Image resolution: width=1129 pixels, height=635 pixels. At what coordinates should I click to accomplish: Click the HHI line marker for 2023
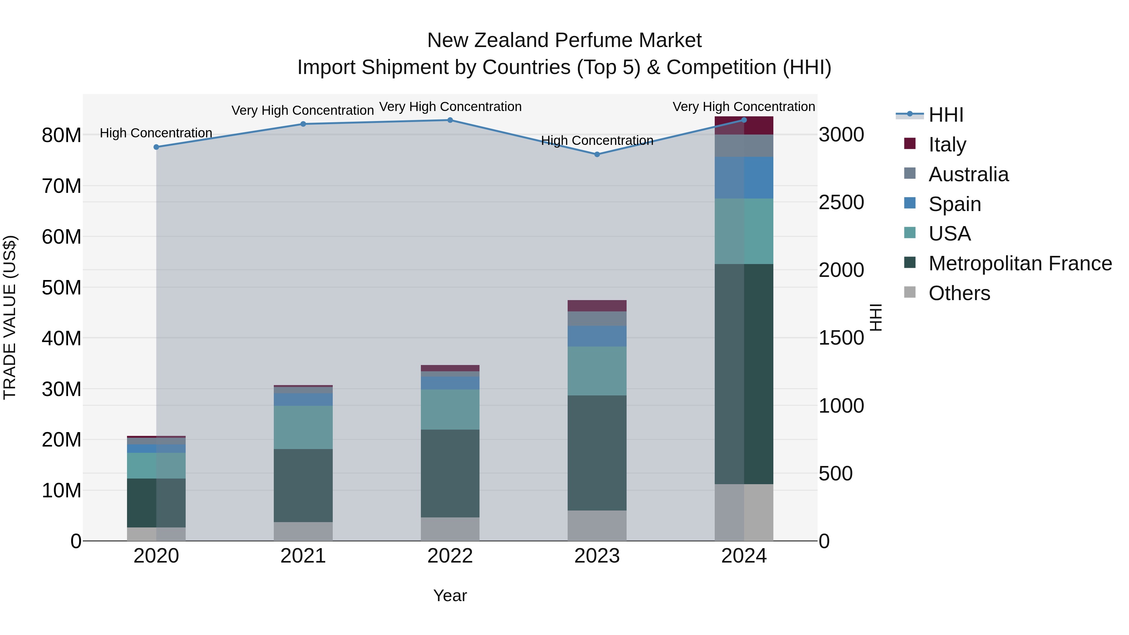pyautogui.click(x=596, y=154)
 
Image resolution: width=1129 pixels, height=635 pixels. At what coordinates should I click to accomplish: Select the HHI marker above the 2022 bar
pyautogui.click(x=450, y=120)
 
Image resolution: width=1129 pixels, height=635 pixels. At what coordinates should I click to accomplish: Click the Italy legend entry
pyautogui.click(x=947, y=145)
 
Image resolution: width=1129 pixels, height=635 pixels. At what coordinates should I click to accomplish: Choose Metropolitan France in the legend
pyautogui.click(x=1020, y=263)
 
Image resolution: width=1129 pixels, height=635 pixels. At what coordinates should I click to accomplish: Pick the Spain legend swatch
pyautogui.click(x=909, y=203)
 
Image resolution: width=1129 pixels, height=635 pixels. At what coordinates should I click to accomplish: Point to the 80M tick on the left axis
pyautogui.click(x=61, y=135)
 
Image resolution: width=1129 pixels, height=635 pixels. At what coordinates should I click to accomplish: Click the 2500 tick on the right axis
pyautogui.click(x=841, y=203)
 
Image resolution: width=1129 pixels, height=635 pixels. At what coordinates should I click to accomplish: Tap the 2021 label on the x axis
pyautogui.click(x=303, y=556)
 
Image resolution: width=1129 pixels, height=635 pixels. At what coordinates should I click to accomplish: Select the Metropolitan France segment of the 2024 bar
pyautogui.click(x=744, y=373)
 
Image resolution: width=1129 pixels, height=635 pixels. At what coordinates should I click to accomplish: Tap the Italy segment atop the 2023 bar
pyautogui.click(x=596, y=305)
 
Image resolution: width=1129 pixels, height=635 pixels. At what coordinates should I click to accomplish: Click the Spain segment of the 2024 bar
pyautogui.click(x=744, y=177)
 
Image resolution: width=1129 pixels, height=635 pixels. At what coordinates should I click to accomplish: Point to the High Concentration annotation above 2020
pyautogui.click(x=156, y=133)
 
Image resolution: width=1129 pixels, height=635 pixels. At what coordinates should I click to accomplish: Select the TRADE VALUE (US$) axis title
pyautogui.click(x=10, y=317)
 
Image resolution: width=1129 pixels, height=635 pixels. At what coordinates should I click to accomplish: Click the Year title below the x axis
pyautogui.click(x=450, y=595)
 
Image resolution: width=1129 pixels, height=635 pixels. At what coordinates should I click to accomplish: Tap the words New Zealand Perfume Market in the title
pyautogui.click(x=564, y=40)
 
